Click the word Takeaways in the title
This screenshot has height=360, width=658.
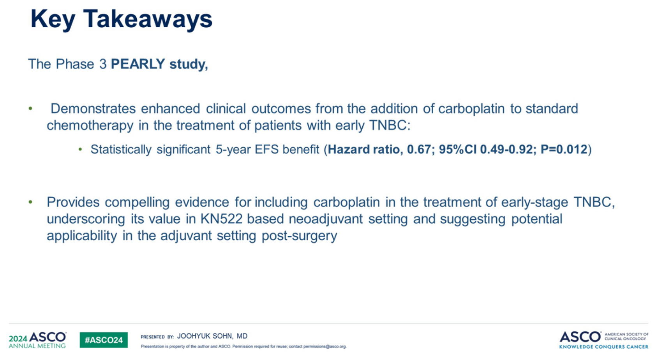[x=148, y=19]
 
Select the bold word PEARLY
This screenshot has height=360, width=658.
[x=138, y=64]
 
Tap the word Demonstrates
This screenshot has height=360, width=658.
[x=93, y=109]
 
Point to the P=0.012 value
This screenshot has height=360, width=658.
[x=564, y=149]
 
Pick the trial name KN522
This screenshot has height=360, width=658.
[x=222, y=219]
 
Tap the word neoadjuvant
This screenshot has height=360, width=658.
[x=325, y=219]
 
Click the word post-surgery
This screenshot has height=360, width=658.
[x=299, y=236]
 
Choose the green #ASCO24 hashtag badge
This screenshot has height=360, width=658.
[x=104, y=340]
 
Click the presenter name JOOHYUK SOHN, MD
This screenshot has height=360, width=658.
[x=212, y=336]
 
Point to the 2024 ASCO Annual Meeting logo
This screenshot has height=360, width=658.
[x=37, y=340]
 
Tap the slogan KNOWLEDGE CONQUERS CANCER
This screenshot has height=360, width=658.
[x=604, y=347]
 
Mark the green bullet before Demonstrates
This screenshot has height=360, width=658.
[x=30, y=109]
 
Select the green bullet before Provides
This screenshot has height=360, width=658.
[x=30, y=202]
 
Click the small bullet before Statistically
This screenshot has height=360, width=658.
[x=80, y=150]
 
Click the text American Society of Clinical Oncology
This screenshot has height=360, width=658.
[x=626, y=337]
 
